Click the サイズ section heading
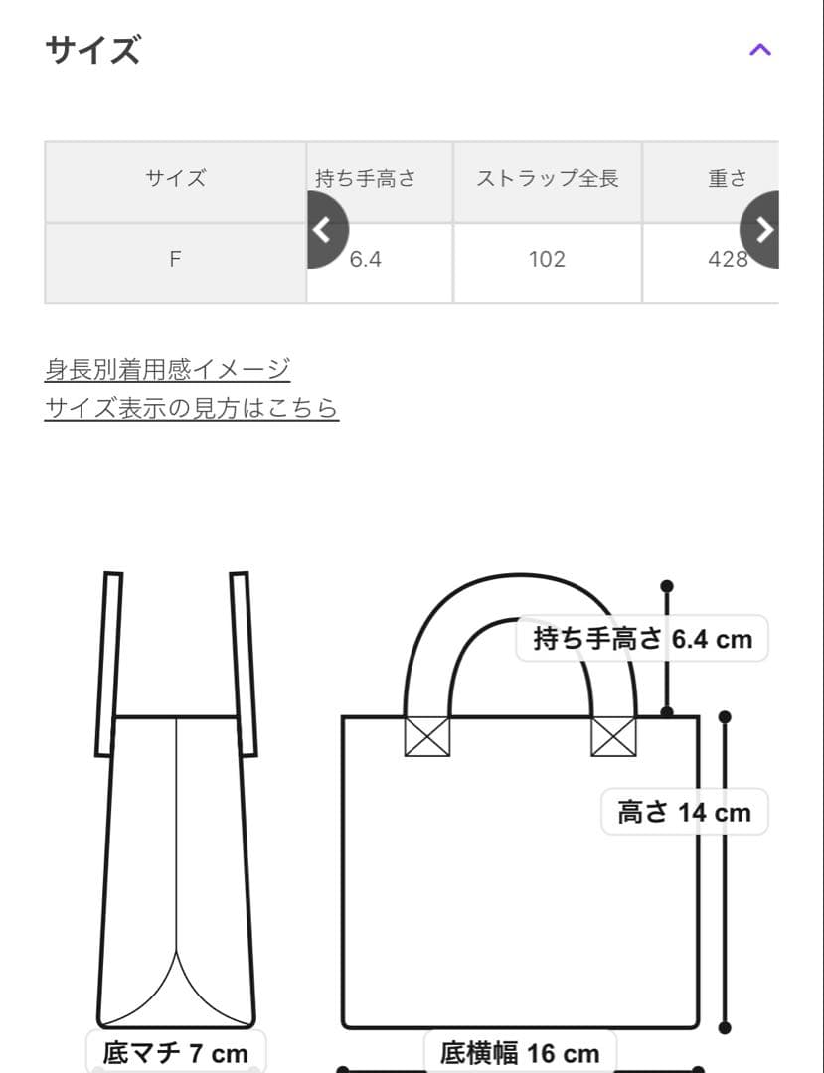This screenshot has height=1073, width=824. [x=92, y=50]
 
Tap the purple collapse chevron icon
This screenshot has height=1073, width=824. [x=759, y=50]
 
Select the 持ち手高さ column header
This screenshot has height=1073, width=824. [x=366, y=179]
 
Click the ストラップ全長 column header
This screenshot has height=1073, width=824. [x=548, y=179]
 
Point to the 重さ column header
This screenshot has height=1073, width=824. [x=727, y=179]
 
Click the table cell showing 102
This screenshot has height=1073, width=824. [x=548, y=260]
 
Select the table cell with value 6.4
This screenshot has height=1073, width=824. [x=366, y=260]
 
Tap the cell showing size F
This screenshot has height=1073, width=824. [x=175, y=260]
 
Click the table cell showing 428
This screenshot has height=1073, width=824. [x=727, y=260]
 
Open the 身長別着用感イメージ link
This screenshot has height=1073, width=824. [x=167, y=369]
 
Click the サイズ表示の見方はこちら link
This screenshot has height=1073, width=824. [x=192, y=408]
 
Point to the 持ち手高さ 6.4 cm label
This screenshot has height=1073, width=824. [x=642, y=639]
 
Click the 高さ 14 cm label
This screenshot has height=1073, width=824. [x=684, y=812]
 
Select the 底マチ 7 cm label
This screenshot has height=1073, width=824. [x=175, y=1052]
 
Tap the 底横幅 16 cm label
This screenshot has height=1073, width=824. [x=520, y=1052]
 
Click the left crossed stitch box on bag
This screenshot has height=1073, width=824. [x=426, y=736]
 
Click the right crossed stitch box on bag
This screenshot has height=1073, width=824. [x=613, y=736]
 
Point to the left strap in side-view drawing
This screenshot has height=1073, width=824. [x=108, y=664]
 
